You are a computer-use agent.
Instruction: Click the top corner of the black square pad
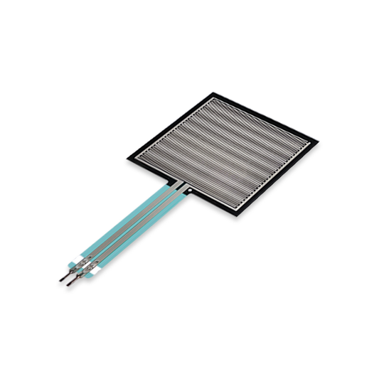tap(211, 92)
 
